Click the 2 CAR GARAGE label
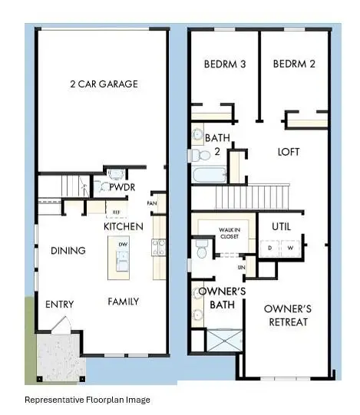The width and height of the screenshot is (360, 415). (104, 84)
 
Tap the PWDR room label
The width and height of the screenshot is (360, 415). (121, 186)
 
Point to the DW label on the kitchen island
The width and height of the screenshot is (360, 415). (123, 244)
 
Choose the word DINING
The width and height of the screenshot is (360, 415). (68, 251)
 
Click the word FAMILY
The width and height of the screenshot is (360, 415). (123, 301)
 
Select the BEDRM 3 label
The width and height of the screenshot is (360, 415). (224, 64)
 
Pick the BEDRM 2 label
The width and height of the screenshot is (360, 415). (294, 64)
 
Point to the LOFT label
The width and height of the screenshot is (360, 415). (289, 152)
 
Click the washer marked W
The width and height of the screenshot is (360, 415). (291, 248)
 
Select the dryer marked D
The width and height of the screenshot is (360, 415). (270, 248)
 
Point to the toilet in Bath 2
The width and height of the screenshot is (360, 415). (198, 136)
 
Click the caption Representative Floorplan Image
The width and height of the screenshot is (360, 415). (88, 400)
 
